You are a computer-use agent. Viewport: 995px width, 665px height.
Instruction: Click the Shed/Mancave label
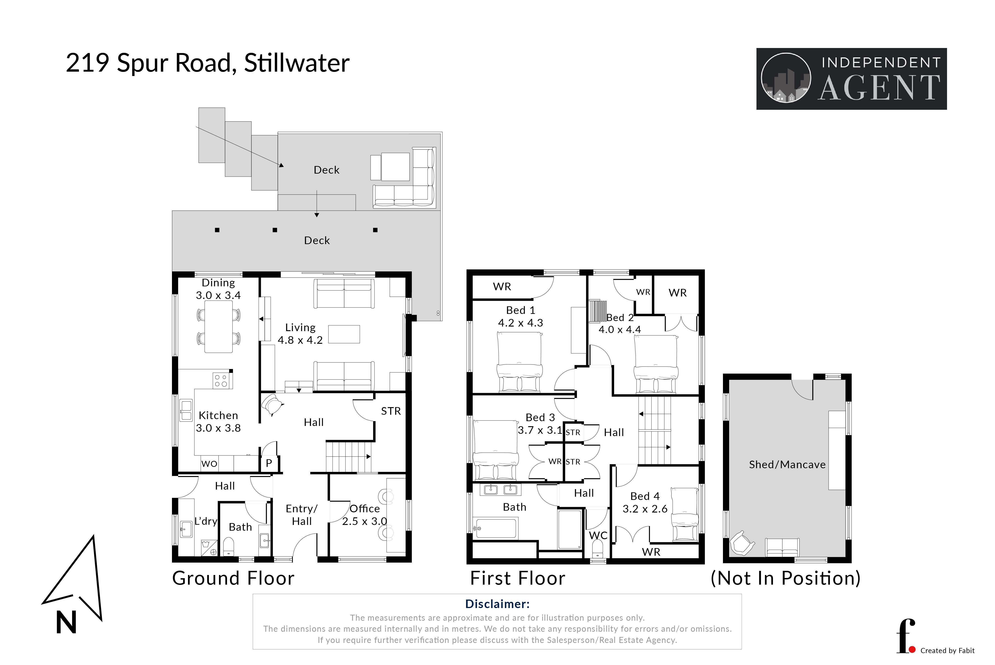click(787, 465)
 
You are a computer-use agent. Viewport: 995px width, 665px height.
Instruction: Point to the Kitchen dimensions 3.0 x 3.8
click(218, 428)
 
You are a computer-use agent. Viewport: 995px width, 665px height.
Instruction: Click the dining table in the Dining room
click(218, 327)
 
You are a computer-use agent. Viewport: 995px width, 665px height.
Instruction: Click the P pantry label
click(269, 463)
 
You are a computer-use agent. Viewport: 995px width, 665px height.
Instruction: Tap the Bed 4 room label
click(645, 496)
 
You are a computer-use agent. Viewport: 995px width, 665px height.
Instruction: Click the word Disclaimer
click(497, 604)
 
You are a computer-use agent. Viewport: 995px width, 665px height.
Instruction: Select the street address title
click(208, 63)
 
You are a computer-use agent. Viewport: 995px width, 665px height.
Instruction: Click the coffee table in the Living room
click(344, 334)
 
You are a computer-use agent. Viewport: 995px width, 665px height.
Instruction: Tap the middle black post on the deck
click(275, 230)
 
